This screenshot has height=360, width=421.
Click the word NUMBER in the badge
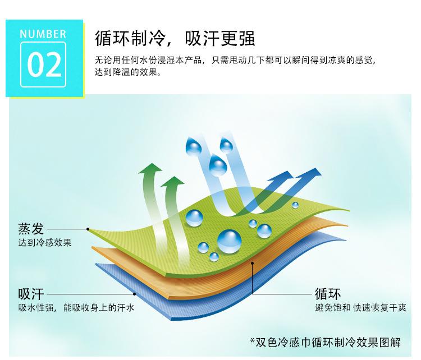(43, 34)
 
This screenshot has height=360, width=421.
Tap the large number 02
(44, 64)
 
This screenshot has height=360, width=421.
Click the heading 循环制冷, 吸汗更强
(175, 39)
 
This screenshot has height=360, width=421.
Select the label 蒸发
(31, 229)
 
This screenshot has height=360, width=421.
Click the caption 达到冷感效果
(45, 243)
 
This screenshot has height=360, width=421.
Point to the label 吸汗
(31, 294)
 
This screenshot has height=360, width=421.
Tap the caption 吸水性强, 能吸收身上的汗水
(76, 308)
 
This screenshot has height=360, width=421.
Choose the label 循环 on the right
(328, 294)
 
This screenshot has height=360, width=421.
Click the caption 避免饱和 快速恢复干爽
(360, 308)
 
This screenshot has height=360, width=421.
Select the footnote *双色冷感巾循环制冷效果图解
(325, 342)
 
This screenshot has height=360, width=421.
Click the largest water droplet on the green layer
(229, 241)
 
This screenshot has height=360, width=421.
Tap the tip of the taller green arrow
(152, 163)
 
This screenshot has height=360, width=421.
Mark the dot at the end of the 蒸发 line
(88, 229)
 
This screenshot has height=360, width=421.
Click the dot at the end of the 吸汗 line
(135, 294)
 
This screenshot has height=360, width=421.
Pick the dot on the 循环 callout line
(253, 263)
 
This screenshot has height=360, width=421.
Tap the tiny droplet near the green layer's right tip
(295, 205)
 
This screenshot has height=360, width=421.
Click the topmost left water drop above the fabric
(193, 146)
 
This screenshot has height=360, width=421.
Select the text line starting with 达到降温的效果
(128, 72)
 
